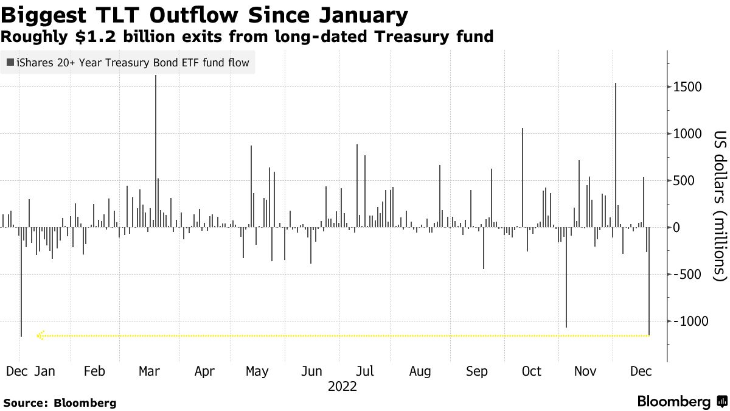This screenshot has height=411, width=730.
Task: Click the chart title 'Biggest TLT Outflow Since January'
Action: [205, 14]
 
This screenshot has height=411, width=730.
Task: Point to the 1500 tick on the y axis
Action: [688, 87]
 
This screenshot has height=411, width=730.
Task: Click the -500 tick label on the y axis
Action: [688, 275]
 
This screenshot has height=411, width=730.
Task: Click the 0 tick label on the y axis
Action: [676, 228]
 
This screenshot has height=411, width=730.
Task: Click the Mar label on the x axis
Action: [149, 371]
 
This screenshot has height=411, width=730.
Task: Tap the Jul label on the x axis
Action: [364, 371]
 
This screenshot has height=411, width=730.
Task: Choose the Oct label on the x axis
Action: [532, 371]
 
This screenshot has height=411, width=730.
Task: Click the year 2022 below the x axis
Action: [342, 387]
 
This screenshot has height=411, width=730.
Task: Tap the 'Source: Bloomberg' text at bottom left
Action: [60, 402]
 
